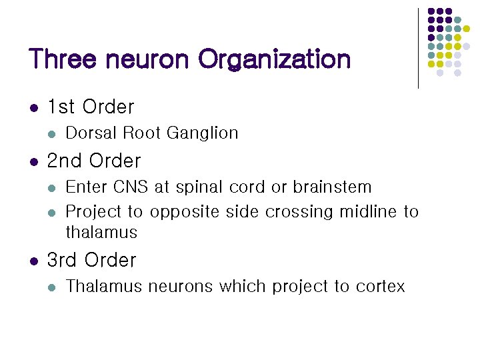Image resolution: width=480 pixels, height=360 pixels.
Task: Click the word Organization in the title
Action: [274, 59]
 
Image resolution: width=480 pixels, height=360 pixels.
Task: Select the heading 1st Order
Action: [91, 107]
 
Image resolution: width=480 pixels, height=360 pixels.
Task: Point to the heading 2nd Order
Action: [94, 161]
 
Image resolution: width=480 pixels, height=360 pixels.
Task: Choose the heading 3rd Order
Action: [91, 260]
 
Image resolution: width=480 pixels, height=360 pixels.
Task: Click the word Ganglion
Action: [202, 133]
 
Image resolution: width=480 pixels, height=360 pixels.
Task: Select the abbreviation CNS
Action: [132, 187]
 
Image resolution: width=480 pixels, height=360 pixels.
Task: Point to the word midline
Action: [369, 212]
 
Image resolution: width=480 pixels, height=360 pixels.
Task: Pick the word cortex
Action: [380, 287]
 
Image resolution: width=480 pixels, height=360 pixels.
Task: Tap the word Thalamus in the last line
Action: [104, 287]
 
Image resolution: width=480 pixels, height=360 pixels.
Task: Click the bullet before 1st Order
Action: [33, 107]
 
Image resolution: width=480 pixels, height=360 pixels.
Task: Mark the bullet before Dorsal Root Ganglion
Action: [52, 134]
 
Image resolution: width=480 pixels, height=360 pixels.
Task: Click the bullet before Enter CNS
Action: [52, 188]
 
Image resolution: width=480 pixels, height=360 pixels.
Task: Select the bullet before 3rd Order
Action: [33, 261]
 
